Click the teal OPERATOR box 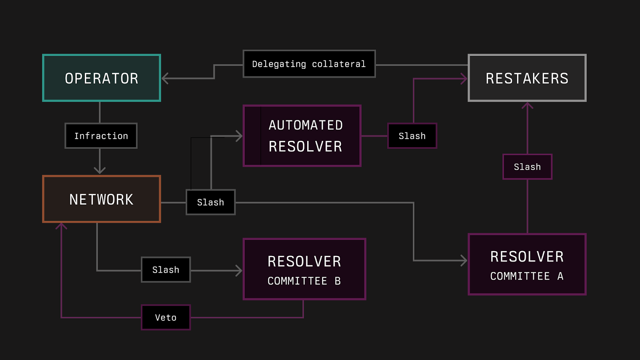tap(102, 78)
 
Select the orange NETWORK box tap(102, 199)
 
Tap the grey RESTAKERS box tap(527, 78)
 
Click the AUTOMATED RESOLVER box tap(302, 136)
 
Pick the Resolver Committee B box tap(304, 269)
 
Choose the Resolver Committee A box tap(527, 264)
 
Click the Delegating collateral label tap(309, 64)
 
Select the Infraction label tap(101, 136)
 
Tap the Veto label tap(166, 317)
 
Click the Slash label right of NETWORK tap(210, 202)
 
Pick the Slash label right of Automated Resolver tap(412, 136)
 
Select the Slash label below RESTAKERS tap(527, 167)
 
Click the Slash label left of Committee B tap(166, 270)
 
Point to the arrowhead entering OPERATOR tap(164, 78)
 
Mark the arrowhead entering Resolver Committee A tap(464, 261)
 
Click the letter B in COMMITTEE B tap(338, 281)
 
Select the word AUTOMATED tap(306, 125)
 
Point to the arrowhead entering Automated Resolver tap(239, 136)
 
